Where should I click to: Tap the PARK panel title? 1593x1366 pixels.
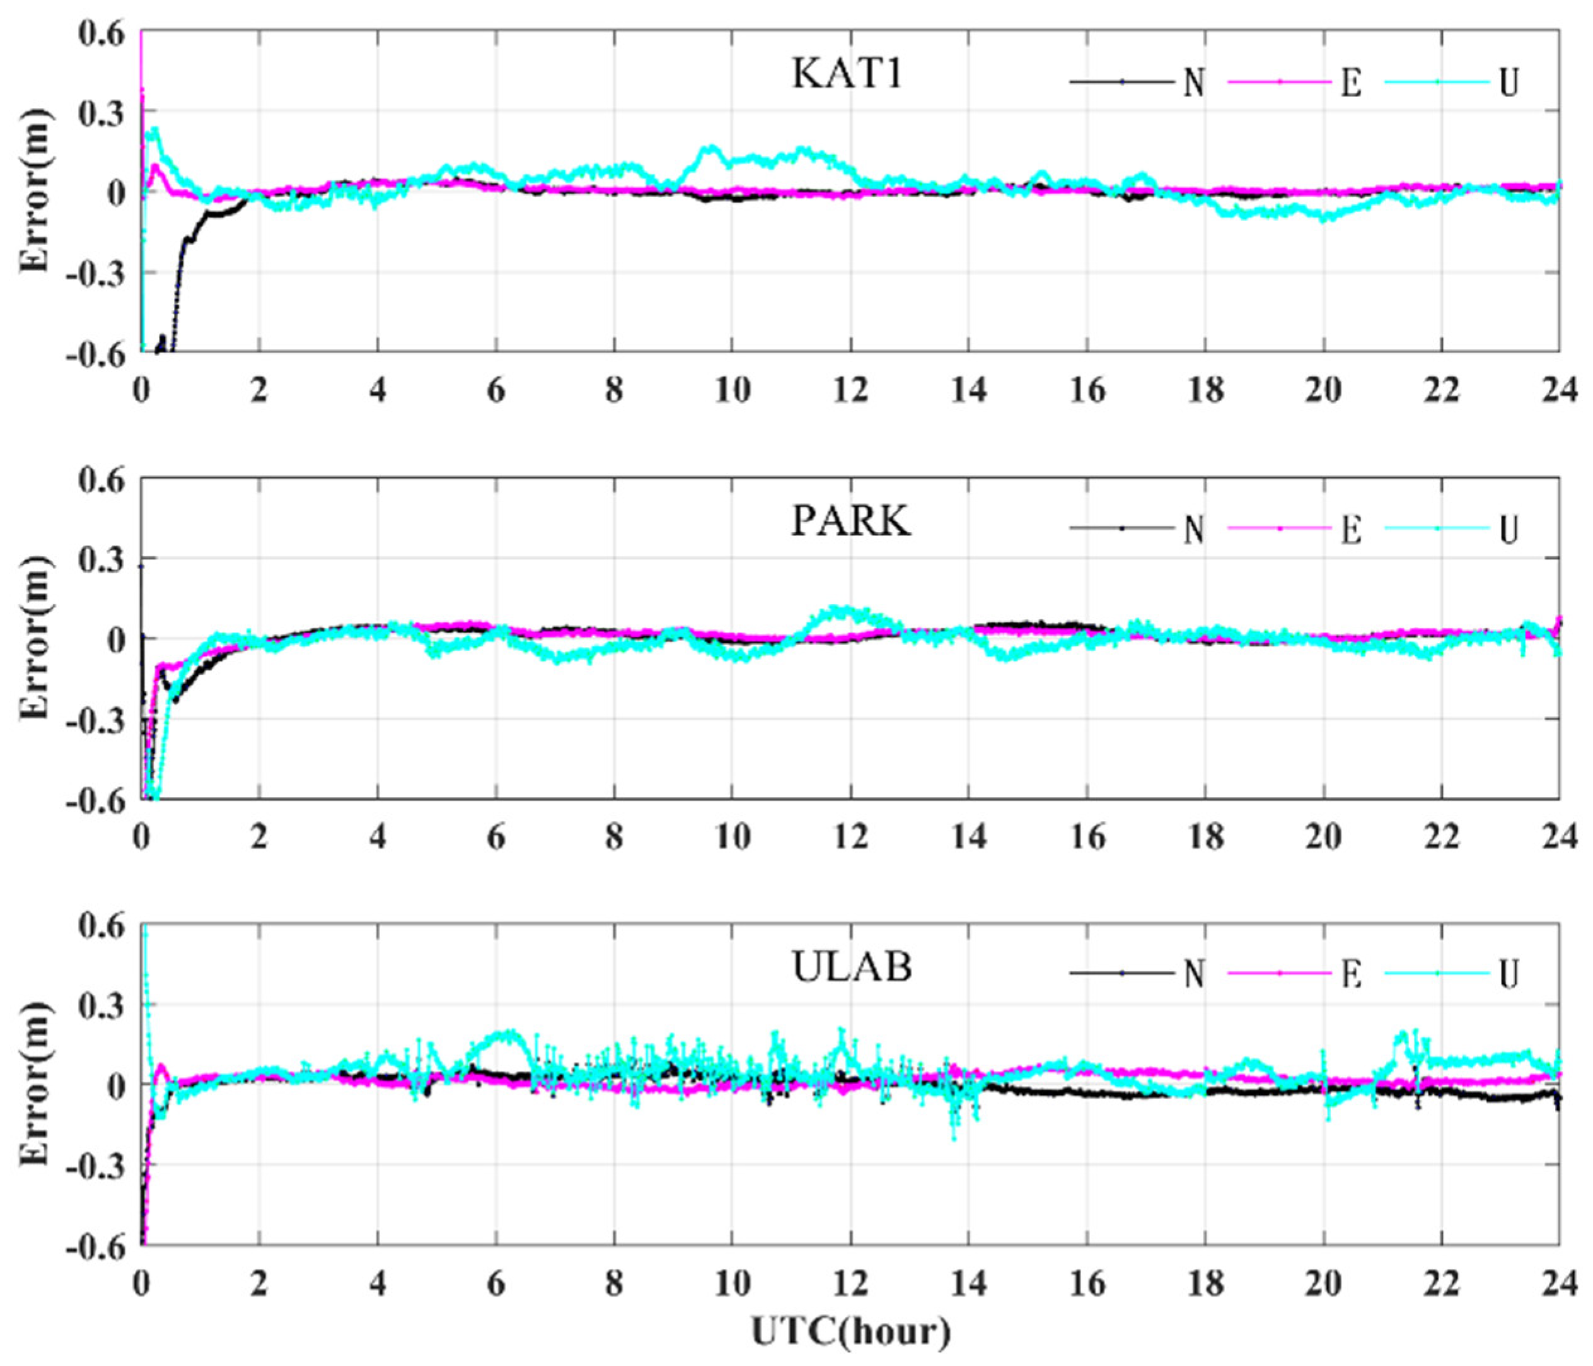(850, 522)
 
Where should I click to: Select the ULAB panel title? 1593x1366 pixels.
(852, 967)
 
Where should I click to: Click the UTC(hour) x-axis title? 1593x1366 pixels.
(850, 1331)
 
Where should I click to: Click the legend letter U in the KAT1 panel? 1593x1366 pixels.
(1509, 82)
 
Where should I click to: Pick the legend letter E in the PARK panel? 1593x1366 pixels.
(1351, 529)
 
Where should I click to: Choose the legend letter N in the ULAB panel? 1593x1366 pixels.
(1193, 974)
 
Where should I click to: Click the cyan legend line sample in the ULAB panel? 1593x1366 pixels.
(1437, 973)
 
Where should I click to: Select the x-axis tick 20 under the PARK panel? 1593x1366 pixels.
(1323, 837)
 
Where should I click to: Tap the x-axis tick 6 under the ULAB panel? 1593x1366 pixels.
(496, 1282)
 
